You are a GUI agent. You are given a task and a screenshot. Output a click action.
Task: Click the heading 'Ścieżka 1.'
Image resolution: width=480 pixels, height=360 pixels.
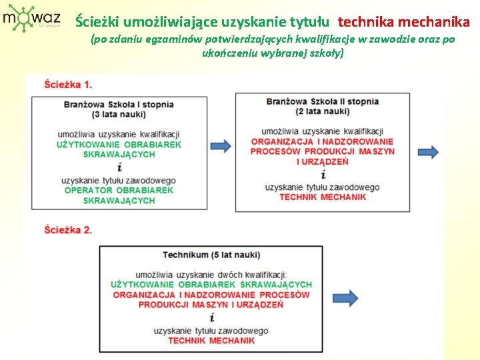[x=69, y=85]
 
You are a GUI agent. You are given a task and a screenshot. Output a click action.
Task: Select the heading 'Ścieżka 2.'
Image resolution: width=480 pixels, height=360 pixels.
[x=69, y=230]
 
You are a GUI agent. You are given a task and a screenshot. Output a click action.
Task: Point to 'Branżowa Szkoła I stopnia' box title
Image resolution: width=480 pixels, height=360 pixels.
[x=119, y=104]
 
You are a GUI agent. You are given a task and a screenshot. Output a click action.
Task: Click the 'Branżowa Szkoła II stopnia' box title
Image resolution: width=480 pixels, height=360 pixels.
[x=323, y=101]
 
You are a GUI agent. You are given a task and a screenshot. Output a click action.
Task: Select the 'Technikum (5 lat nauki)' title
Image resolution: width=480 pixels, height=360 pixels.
[x=211, y=255]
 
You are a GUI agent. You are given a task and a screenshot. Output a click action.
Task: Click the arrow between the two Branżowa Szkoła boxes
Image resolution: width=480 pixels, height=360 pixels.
[x=221, y=145]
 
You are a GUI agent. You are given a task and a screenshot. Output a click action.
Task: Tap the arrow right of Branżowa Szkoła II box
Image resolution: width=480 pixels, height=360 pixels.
[x=429, y=152]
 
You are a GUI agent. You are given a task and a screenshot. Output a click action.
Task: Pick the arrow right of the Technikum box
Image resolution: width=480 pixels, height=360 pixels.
[x=345, y=297]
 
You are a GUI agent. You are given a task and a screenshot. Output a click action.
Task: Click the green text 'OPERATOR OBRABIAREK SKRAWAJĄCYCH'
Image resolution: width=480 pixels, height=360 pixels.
[x=119, y=195]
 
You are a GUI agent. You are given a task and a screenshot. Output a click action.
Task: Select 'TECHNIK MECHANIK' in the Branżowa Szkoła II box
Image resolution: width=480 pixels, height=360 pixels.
[x=323, y=197]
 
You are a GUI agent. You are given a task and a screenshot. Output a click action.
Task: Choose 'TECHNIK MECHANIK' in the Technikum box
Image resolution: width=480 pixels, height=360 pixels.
[x=211, y=341]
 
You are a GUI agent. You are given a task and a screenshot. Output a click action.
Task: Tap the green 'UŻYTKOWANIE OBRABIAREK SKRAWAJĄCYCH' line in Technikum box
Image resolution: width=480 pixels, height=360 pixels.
[x=211, y=285]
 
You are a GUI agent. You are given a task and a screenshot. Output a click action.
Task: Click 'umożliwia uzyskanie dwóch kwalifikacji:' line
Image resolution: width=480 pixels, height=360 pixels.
[x=211, y=275]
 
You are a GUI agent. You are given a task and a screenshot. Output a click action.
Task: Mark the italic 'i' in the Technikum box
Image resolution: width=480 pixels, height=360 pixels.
[x=211, y=317]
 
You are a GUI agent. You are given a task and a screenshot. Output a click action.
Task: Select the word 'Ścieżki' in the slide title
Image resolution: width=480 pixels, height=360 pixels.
[x=97, y=21]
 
